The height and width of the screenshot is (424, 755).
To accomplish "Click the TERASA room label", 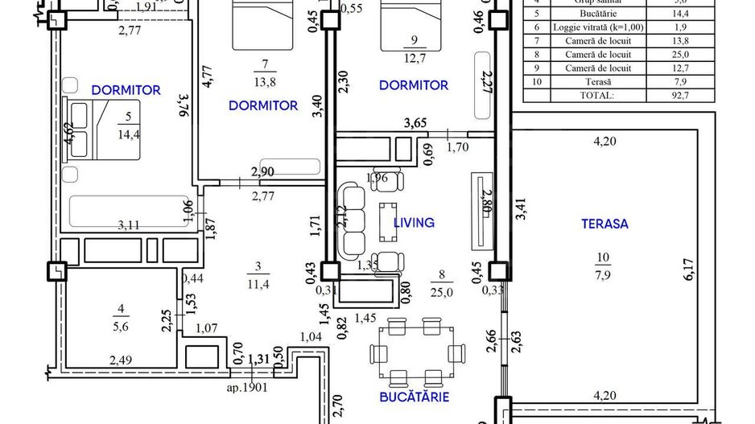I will click(x=604, y=224).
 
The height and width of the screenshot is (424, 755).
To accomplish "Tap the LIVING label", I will click(x=414, y=222).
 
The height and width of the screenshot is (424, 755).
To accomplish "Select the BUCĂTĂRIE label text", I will click(x=415, y=397).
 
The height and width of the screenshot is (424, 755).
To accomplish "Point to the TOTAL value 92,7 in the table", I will click(x=683, y=95).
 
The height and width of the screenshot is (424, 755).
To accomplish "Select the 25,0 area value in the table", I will click(x=683, y=54).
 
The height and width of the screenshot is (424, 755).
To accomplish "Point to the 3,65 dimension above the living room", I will click(x=415, y=122).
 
